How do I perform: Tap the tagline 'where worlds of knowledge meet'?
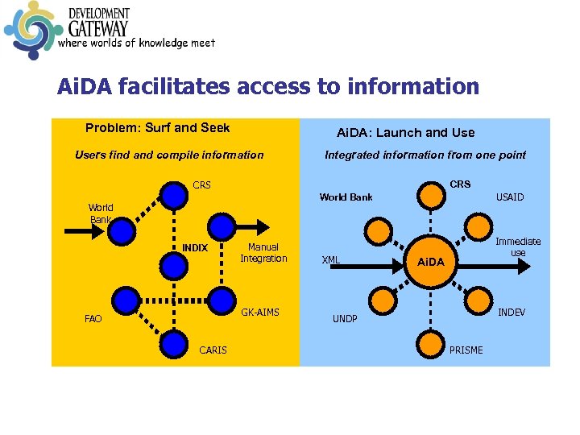(136, 43)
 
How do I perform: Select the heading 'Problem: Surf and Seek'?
(157, 128)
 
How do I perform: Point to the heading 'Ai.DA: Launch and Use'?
(405, 133)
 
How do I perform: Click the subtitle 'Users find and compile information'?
(169, 155)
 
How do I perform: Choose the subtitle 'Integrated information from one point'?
(425, 155)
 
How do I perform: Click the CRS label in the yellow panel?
(201, 185)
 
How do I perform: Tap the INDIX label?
(195, 248)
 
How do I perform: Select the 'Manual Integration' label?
(263, 253)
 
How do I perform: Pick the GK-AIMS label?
(260, 312)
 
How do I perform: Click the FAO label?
(93, 319)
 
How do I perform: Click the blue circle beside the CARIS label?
(172, 344)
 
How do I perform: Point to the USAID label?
(509, 197)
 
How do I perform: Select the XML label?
(330, 260)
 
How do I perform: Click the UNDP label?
(345, 319)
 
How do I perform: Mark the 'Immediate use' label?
(518, 247)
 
